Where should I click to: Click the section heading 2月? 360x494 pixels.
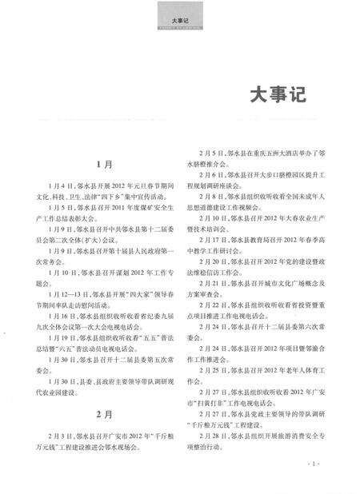point(105,414)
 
